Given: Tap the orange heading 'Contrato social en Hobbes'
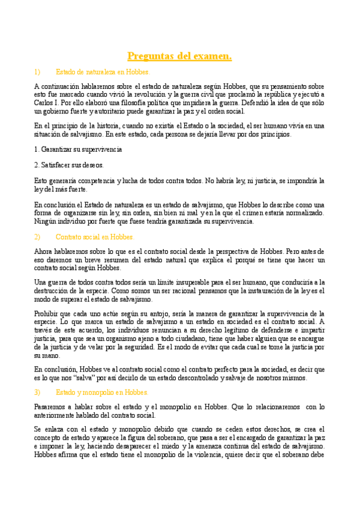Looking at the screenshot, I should point(95,237).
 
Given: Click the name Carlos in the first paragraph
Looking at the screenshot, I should point(44,103).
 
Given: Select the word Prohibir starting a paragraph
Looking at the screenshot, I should point(47,313).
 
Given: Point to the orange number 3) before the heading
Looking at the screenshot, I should point(37,393).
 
